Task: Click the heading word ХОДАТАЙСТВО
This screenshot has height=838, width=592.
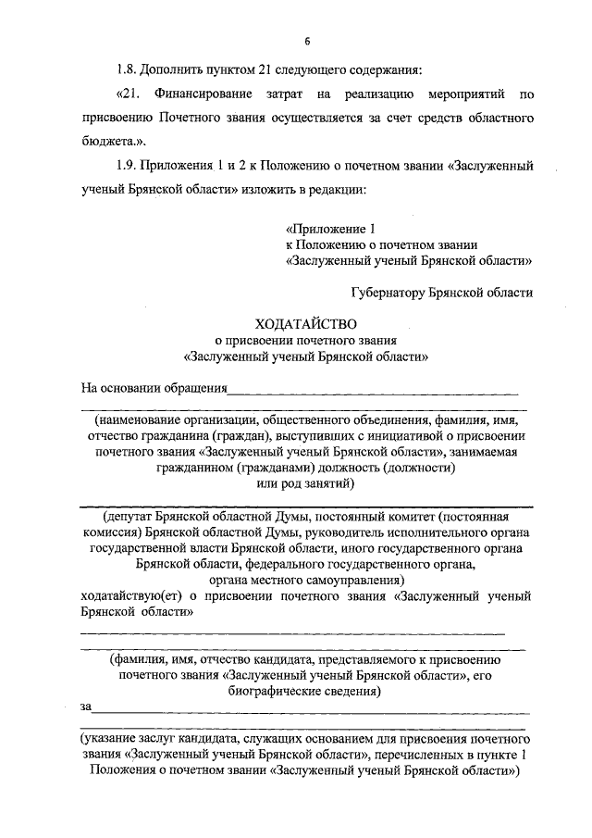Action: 306,323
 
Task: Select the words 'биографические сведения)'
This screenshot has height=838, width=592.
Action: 305,691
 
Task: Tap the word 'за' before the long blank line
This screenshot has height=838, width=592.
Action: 87,707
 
